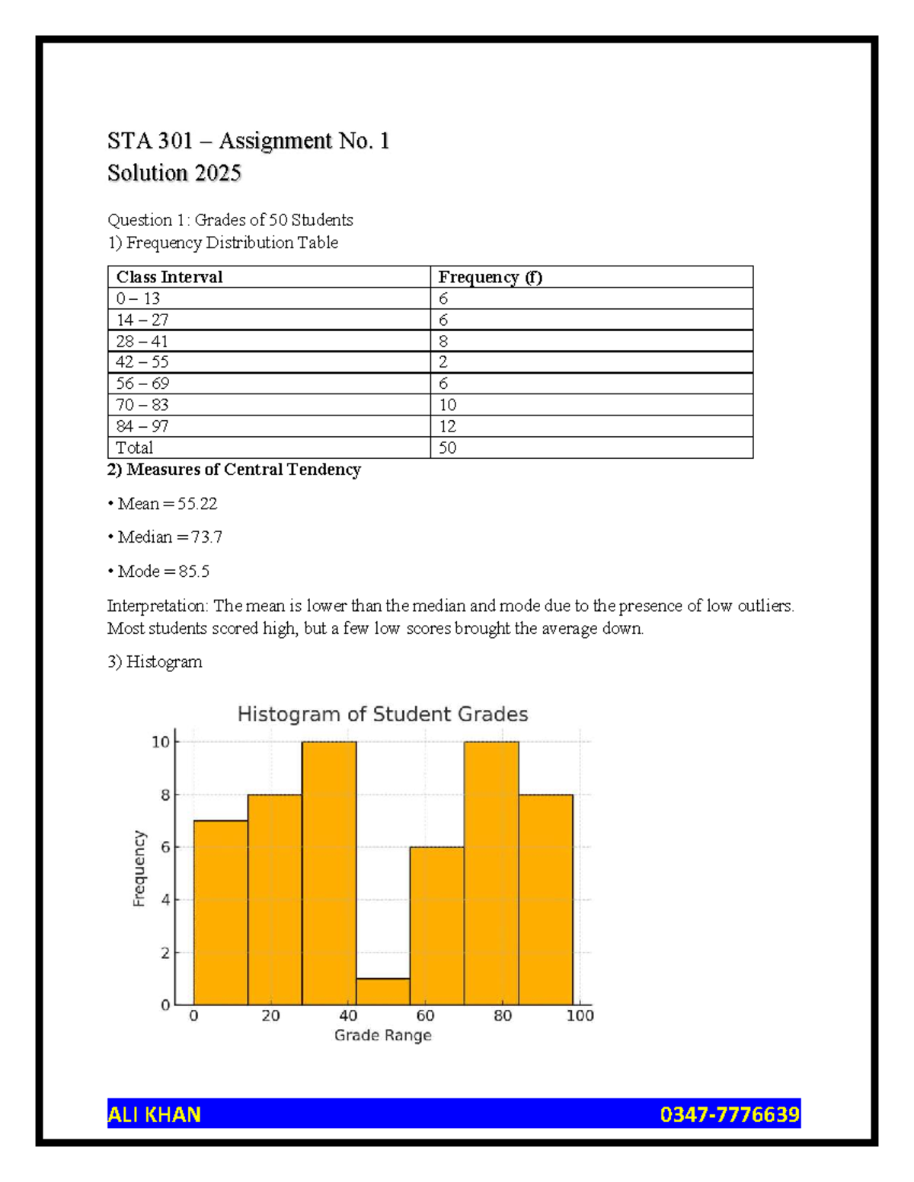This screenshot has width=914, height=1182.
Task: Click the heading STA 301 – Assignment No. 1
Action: click(x=248, y=141)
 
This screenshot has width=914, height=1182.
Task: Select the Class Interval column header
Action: click(x=169, y=277)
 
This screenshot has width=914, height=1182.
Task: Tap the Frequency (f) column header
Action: click(x=490, y=277)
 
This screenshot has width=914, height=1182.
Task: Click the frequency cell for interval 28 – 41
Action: click(x=443, y=341)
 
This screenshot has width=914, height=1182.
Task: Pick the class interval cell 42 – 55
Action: click(x=142, y=362)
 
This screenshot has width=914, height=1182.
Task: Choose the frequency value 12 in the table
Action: click(x=447, y=426)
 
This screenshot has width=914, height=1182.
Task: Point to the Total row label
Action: click(x=134, y=448)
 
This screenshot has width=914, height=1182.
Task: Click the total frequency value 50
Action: click(x=447, y=448)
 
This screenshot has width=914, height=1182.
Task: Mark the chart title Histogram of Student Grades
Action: click(x=382, y=714)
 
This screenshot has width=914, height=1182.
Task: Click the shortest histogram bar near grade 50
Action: click(x=383, y=991)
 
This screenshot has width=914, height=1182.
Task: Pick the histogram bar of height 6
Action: click(x=436, y=925)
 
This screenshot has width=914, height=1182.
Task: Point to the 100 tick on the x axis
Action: click(x=580, y=1015)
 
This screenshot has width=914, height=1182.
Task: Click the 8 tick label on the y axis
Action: click(x=165, y=795)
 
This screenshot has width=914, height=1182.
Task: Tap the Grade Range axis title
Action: click(x=382, y=1035)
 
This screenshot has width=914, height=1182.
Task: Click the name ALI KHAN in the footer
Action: click(x=155, y=1114)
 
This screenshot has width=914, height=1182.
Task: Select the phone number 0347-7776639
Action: click(x=729, y=1114)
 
